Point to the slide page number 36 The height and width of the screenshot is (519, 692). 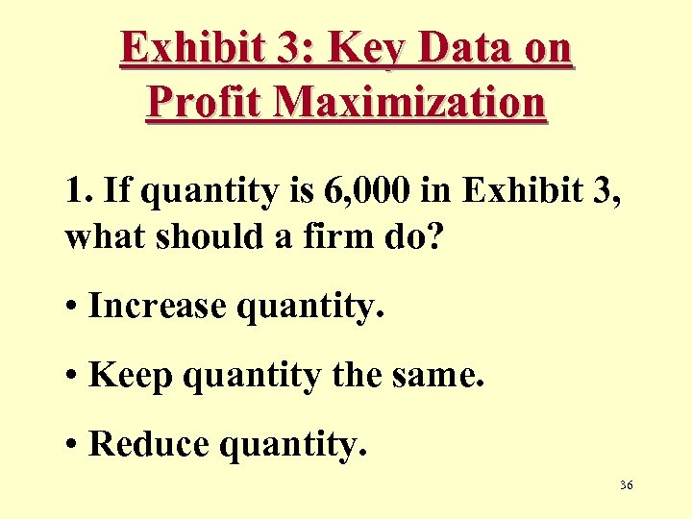click(627, 486)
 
